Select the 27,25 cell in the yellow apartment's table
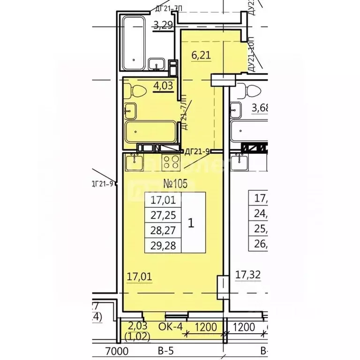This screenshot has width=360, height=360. (x=163, y=216)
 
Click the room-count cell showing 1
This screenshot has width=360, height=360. (x=191, y=223)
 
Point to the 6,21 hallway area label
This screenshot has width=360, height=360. (x=201, y=55)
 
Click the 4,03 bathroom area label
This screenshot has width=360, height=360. (x=163, y=86)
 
